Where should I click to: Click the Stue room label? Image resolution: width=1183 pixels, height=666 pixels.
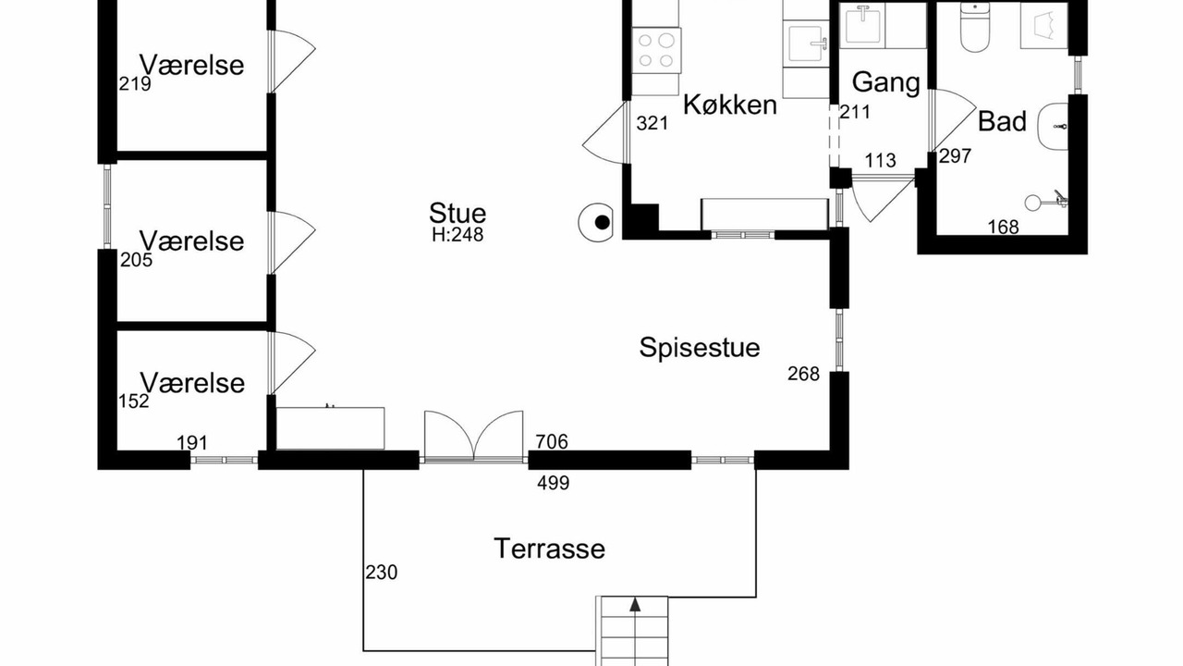coord(457,214)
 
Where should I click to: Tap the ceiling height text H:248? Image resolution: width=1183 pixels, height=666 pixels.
coord(457,235)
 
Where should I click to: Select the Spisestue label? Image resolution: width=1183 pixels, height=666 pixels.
coord(700,348)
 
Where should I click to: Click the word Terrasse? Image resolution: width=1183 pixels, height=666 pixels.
coord(549,549)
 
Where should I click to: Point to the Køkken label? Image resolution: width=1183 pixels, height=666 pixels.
coord(730,105)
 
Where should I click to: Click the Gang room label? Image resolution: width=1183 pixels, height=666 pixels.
coord(885,83)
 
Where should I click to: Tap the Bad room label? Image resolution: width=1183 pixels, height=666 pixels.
coord(1002,121)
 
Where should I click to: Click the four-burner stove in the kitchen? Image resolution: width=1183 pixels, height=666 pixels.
coord(656,50)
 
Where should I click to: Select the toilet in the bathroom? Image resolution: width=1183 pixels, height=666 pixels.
coord(974,27)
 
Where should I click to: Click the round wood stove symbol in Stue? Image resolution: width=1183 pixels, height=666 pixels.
coord(596,223)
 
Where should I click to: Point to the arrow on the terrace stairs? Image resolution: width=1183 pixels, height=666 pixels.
coord(635,605)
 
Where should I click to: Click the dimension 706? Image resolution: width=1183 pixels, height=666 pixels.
coord(552,441)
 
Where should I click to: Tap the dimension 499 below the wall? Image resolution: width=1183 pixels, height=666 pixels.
coord(553,483)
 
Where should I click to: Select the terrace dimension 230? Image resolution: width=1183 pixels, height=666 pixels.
coord(382,573)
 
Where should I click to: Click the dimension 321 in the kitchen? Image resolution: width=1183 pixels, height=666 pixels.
coord(652,124)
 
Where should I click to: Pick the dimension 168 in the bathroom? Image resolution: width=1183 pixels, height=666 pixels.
coord(1003,228)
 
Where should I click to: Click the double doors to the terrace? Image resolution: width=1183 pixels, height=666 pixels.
coord(474,437)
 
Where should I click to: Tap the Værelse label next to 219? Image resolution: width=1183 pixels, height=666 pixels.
coord(191,66)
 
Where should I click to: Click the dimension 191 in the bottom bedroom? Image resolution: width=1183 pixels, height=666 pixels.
coord(191,443)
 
